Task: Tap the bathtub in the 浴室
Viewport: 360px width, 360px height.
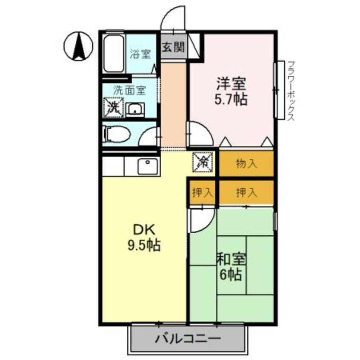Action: [x=114, y=54]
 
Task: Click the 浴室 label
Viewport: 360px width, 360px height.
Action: [x=140, y=54]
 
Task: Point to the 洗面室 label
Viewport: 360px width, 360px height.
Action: [x=130, y=90]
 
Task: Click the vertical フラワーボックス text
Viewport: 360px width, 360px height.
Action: [x=291, y=90]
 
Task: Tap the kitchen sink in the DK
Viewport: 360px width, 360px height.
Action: [x=147, y=166]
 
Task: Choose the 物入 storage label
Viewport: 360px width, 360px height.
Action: [x=246, y=164]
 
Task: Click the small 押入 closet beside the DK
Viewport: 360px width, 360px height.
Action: [x=202, y=192]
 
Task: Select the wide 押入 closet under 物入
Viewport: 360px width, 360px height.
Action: [x=246, y=192]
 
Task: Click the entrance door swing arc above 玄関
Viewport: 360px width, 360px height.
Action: [x=173, y=19]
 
